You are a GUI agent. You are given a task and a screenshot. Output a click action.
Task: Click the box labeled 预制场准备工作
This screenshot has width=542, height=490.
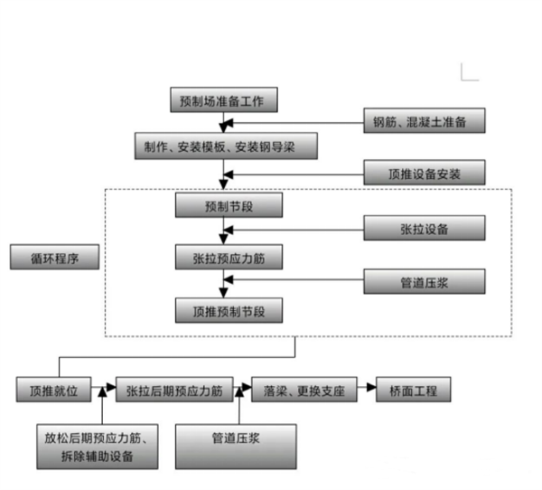(x=222, y=100)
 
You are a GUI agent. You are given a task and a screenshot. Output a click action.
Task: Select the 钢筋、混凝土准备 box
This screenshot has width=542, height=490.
(x=426, y=120)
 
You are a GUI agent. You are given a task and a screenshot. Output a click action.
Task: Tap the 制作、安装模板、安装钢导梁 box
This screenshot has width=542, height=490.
(x=226, y=146)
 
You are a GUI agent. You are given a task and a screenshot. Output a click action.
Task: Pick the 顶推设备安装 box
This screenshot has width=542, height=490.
(x=425, y=172)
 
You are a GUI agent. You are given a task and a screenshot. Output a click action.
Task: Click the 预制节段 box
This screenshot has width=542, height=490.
(x=229, y=206)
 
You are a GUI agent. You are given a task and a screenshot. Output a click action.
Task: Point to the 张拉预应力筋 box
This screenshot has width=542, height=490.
(x=229, y=258)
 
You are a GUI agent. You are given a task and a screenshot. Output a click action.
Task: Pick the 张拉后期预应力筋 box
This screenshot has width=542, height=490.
(x=174, y=390)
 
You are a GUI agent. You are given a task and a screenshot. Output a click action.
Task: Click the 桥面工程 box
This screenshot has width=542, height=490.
(x=413, y=390)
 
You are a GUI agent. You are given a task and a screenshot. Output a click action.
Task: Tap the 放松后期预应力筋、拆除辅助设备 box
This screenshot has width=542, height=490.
(x=97, y=447)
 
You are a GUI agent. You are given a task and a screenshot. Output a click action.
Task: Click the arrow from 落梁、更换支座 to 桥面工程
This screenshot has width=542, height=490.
(x=365, y=390)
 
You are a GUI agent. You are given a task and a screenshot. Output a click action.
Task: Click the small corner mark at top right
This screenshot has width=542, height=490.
(x=469, y=73)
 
